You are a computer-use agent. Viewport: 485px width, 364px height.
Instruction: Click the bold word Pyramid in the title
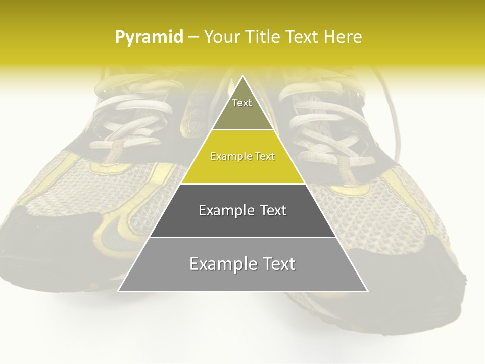click(149, 37)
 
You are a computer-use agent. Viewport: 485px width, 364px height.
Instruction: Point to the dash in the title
click(193, 37)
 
